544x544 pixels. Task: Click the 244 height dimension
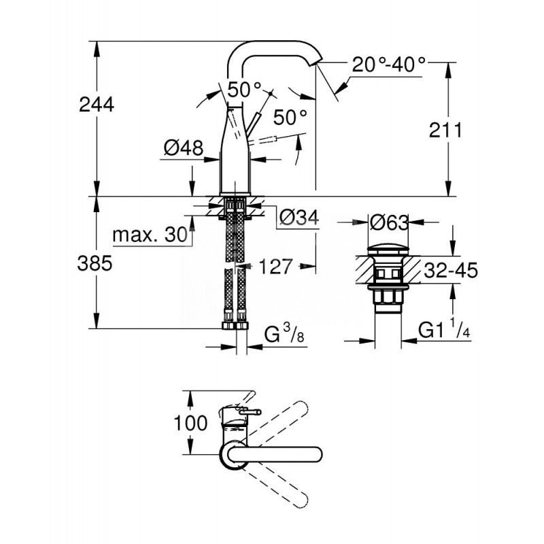[x=97, y=104]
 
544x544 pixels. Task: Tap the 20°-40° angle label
[x=389, y=65]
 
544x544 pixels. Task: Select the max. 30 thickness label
[x=149, y=235]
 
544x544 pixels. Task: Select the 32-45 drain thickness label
[x=448, y=271]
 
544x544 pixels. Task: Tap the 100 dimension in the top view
[x=191, y=423]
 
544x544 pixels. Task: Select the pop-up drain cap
[x=388, y=245]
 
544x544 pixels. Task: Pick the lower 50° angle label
[x=290, y=117]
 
